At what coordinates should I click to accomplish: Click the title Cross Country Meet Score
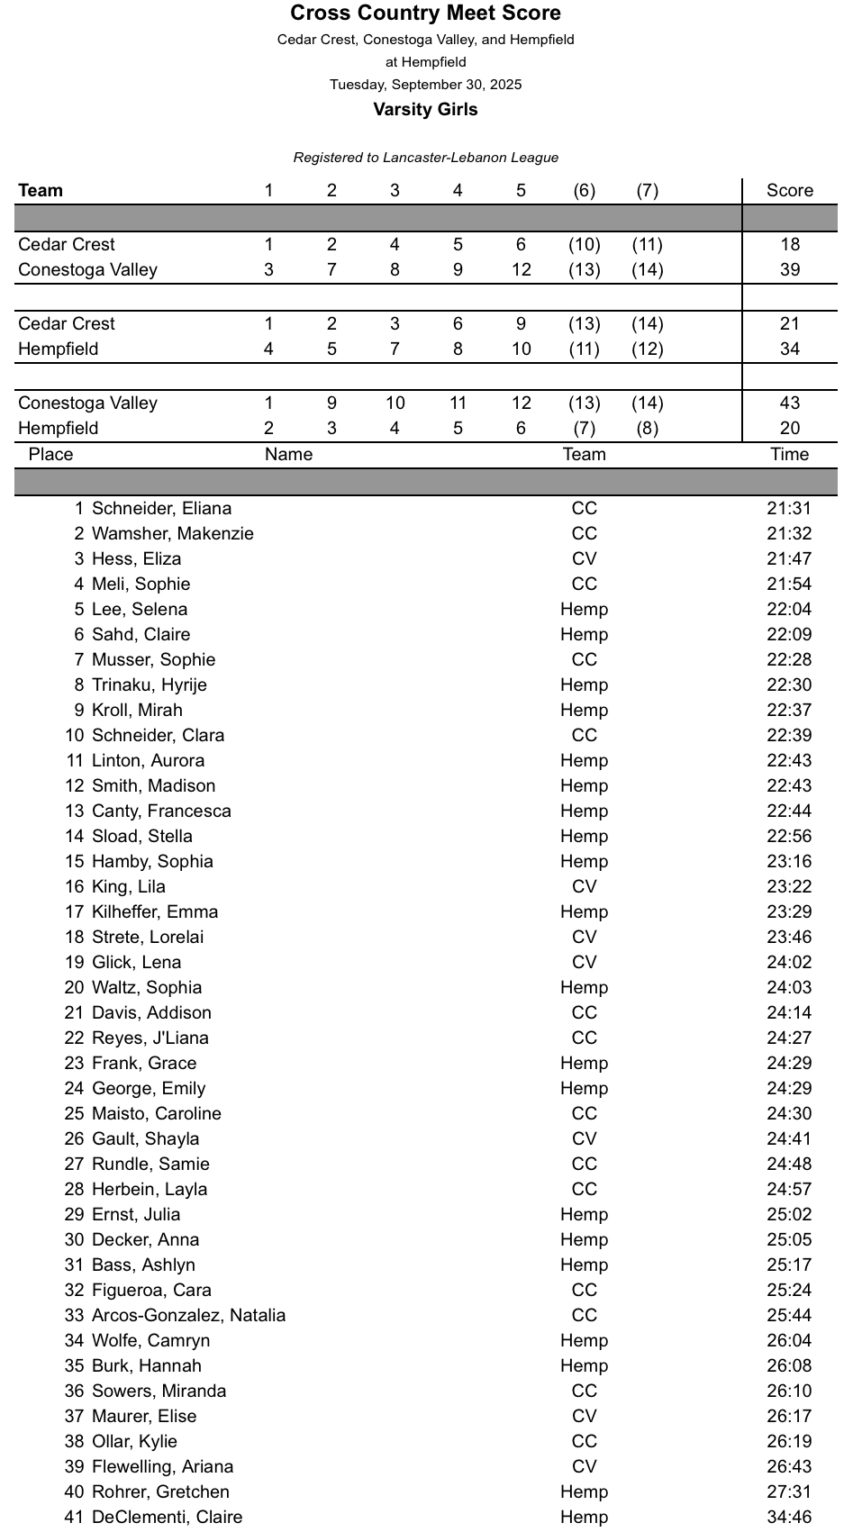click(425, 14)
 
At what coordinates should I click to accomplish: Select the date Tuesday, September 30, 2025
click(425, 85)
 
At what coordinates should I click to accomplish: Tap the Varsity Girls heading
click(425, 110)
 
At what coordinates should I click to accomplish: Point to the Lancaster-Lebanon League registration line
click(425, 158)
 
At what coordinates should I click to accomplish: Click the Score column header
click(789, 191)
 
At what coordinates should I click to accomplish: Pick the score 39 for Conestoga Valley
click(789, 270)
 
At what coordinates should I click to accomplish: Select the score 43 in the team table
click(789, 403)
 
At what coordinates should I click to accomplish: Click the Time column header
click(789, 455)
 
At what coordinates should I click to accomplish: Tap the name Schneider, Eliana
click(161, 509)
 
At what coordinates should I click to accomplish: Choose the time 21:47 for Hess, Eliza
click(789, 559)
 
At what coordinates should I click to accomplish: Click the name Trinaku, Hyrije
click(149, 685)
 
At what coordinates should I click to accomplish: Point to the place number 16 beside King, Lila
click(74, 887)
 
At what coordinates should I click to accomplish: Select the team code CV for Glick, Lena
click(584, 963)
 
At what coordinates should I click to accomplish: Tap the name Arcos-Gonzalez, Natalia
click(188, 1316)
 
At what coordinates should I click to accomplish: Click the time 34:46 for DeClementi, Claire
click(789, 1518)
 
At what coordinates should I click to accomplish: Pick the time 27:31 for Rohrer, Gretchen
click(789, 1492)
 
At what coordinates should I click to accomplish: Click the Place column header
click(50, 455)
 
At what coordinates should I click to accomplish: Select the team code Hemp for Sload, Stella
click(584, 837)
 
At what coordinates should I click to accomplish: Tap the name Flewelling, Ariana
click(162, 1467)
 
